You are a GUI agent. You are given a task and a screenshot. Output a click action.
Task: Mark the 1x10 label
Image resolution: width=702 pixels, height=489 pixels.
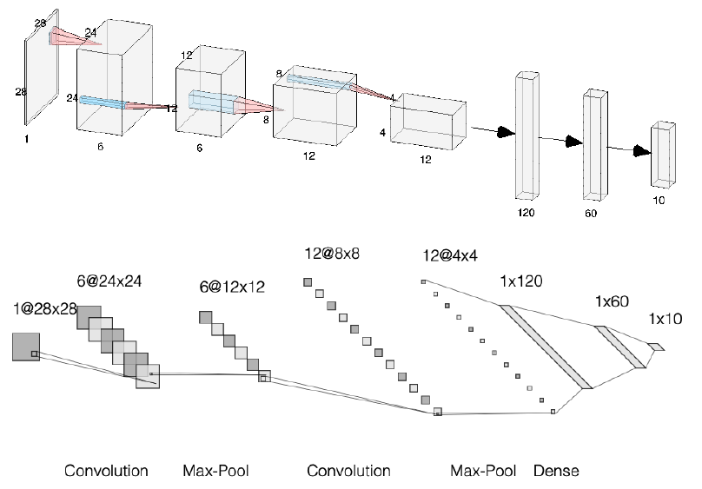tap(666, 320)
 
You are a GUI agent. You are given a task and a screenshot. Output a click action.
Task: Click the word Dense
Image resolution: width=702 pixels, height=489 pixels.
tap(556, 472)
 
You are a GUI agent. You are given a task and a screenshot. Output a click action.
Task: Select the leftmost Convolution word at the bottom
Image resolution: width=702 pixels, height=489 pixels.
tap(106, 472)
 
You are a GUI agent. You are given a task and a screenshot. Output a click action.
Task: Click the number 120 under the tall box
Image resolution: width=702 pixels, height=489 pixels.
tap(526, 211)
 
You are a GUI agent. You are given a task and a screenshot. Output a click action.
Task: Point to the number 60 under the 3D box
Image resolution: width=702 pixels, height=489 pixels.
tap(593, 211)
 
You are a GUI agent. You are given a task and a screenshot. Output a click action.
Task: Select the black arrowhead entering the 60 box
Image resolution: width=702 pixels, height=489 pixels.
tap(572, 142)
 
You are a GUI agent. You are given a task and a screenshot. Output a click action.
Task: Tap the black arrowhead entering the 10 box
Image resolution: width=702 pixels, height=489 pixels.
tap(642, 151)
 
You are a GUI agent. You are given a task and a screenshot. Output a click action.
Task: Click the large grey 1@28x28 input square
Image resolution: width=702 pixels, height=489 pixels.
tap(26, 347)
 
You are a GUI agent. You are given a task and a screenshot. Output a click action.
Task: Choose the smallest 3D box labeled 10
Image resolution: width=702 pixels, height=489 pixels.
tap(663, 154)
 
